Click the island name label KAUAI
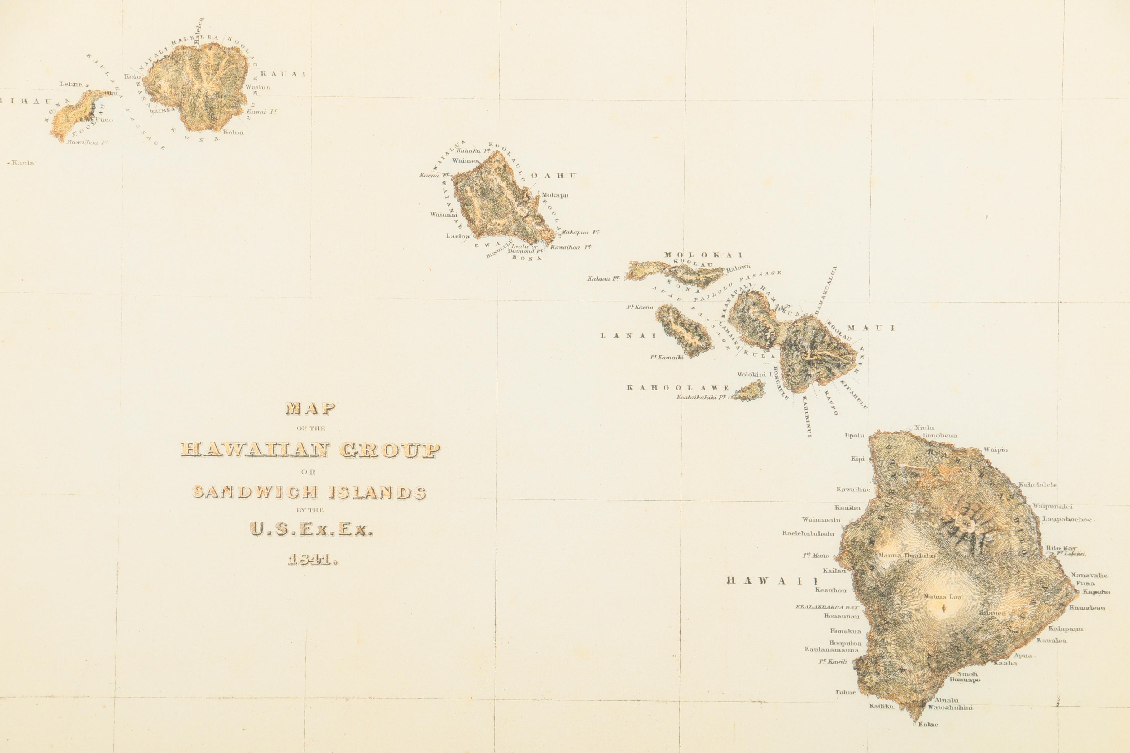tap(283, 74)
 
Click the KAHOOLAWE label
tap(678, 388)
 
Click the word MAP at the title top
tap(310, 409)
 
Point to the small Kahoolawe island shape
tap(748, 391)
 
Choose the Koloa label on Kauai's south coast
tap(234, 132)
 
